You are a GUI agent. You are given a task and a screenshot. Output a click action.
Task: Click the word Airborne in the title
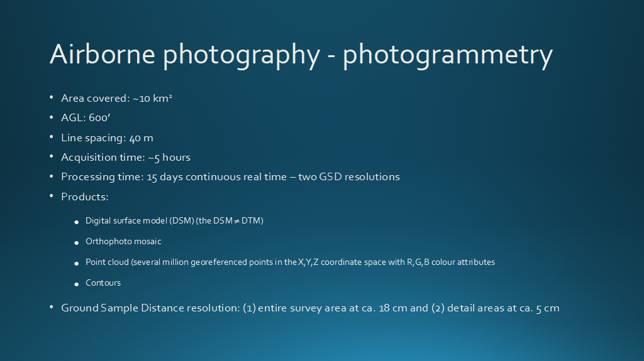click(103, 54)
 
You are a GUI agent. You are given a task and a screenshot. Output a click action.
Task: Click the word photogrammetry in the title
click(448, 55)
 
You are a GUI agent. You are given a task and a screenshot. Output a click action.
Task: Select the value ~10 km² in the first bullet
click(152, 99)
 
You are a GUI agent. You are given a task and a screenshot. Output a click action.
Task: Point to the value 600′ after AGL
click(99, 118)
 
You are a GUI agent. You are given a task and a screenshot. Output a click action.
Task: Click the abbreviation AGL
click(73, 118)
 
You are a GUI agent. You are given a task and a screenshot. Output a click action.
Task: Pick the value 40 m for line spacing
click(142, 138)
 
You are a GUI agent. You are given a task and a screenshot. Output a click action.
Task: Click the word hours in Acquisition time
click(176, 157)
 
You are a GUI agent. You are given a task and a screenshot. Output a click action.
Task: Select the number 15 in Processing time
click(152, 177)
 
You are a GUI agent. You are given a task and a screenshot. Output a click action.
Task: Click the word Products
click(85, 197)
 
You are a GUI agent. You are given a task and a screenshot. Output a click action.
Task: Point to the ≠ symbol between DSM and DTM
click(236, 221)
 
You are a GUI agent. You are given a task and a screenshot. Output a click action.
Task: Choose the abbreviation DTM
click(251, 221)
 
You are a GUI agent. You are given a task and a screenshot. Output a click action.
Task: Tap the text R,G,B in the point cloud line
click(418, 262)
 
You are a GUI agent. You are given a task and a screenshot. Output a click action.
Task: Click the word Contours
click(103, 283)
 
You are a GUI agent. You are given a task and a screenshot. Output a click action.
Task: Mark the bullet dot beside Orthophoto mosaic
click(76, 243)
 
